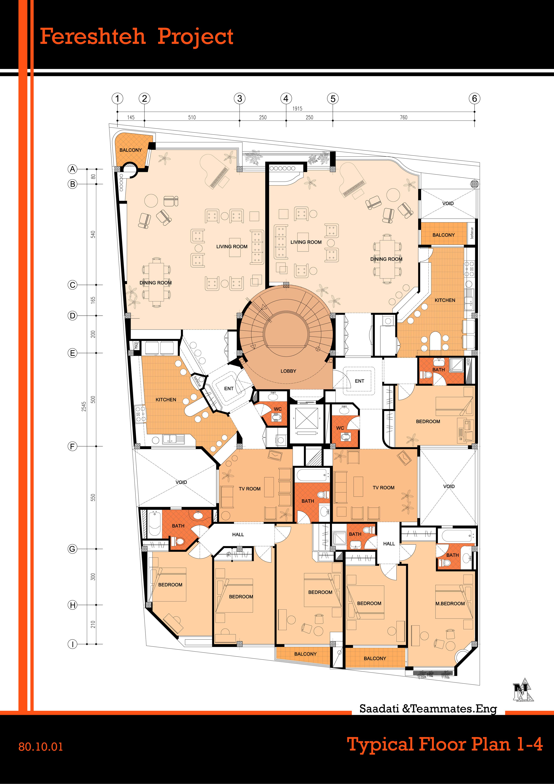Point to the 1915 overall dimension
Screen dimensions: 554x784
tap(297, 109)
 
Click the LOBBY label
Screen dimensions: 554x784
tap(288, 371)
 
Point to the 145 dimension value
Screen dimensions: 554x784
tap(131, 118)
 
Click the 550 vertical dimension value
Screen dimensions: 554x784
tap(93, 497)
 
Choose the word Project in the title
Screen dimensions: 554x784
tap(195, 37)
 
